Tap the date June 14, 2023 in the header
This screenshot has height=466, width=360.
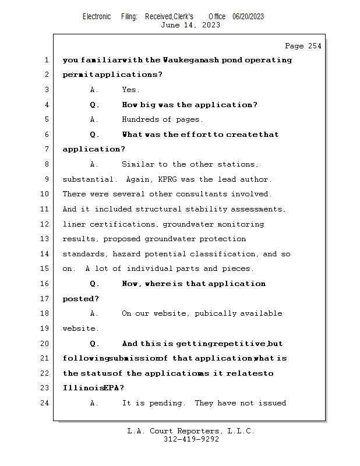tap(190, 25)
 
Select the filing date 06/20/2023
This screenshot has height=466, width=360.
tap(248, 16)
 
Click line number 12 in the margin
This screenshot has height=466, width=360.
tap(45, 224)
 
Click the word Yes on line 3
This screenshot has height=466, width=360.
tap(130, 90)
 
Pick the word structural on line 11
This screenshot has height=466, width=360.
tap(158, 209)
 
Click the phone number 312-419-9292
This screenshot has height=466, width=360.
tap(190, 439)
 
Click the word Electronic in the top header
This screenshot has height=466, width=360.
tap(97, 16)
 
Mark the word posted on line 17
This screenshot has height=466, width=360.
tap(79, 299)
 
